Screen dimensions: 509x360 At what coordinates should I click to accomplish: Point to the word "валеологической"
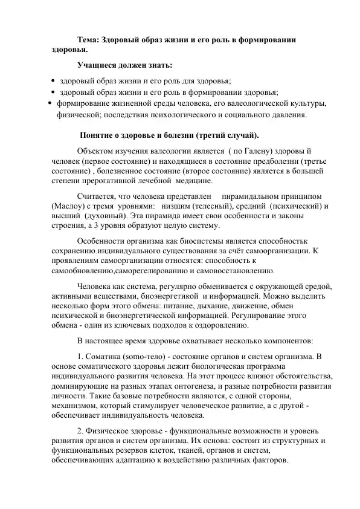tap(250, 103)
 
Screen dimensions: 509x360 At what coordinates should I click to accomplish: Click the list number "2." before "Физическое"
tap(82, 430)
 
